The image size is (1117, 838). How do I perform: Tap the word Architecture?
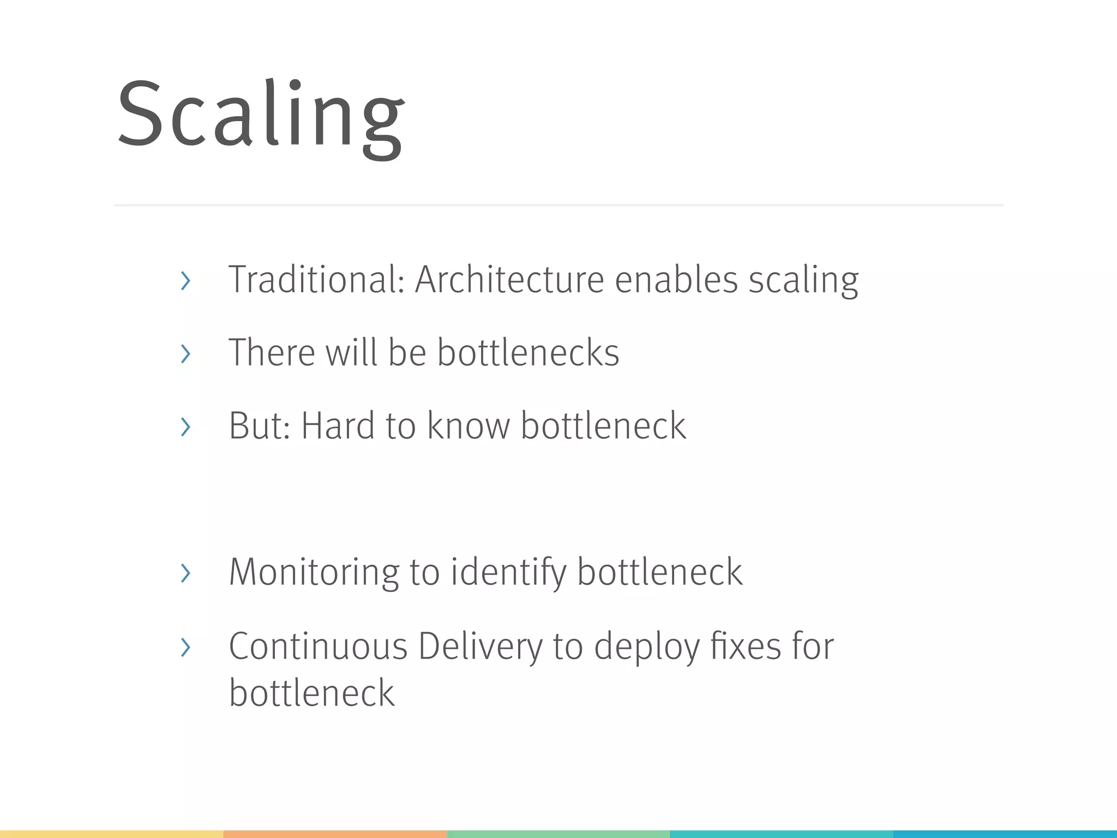[509, 279]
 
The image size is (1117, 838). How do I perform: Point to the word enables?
[676, 279]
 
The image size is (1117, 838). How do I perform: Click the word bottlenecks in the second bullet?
[528, 352]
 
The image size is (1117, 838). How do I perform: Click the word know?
[468, 426]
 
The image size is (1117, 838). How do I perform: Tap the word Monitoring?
[314, 572]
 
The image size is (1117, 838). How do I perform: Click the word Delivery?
[481, 647]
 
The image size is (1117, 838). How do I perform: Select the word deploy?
[646, 647]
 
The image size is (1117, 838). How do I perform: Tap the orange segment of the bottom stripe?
[335, 834]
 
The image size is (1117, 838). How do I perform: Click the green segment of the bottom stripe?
[558, 834]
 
